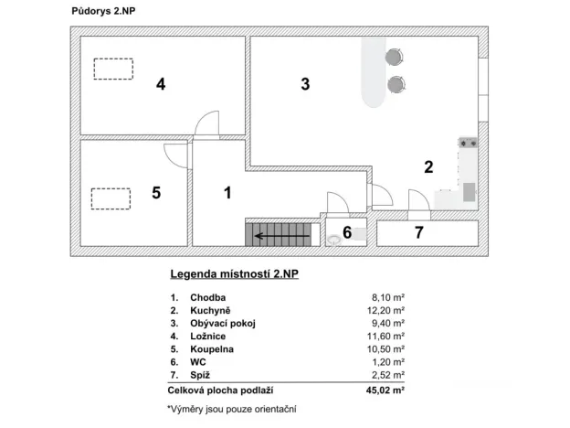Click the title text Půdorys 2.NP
(x=103, y=11)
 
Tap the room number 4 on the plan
(x=161, y=84)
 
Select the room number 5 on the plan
(x=156, y=193)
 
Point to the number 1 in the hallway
(x=228, y=192)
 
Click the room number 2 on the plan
(x=427, y=166)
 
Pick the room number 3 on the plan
(x=305, y=84)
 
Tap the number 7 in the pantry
(x=419, y=232)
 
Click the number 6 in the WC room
(x=348, y=230)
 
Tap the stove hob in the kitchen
(x=469, y=143)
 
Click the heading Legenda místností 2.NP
(x=234, y=273)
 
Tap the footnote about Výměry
(x=232, y=408)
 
